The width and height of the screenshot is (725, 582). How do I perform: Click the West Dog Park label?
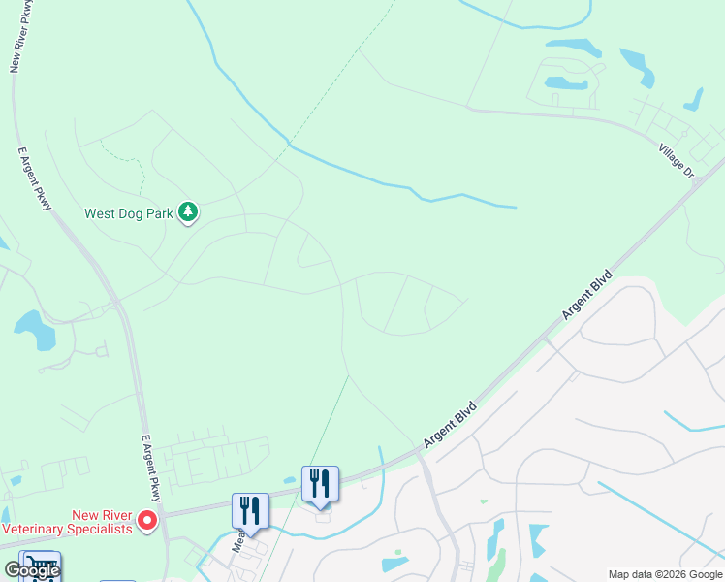[129, 214]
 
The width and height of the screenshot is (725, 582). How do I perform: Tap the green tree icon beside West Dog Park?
[189, 212]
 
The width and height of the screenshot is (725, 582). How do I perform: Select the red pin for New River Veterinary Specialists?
[147, 521]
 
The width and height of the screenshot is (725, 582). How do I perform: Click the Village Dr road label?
[677, 160]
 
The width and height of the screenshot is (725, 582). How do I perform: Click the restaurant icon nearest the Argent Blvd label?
[320, 483]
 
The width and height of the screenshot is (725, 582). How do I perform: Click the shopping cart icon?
[39, 565]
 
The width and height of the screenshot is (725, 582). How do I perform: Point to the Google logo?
[32, 570]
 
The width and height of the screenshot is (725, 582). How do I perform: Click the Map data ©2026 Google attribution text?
[664, 574]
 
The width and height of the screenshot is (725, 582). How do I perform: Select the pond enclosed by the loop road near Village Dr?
[566, 84]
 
